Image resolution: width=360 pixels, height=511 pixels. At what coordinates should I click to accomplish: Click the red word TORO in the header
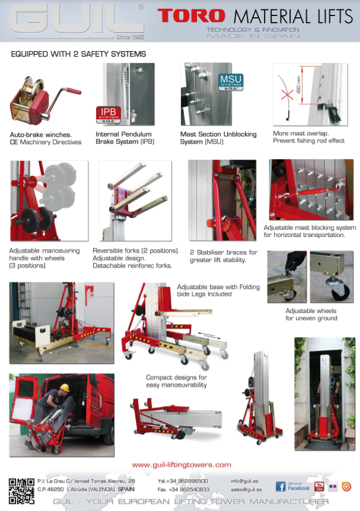click(191, 16)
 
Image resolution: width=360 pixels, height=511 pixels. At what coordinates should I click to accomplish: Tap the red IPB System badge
click(109, 115)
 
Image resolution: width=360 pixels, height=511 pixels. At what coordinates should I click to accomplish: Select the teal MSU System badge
click(231, 82)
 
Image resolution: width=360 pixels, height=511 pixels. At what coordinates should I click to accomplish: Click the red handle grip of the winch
click(74, 91)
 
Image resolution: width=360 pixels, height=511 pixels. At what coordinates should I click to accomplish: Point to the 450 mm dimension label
click(298, 85)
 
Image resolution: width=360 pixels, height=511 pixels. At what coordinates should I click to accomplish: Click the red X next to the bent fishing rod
click(286, 95)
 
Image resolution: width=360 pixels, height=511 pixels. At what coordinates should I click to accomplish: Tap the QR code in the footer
click(21, 491)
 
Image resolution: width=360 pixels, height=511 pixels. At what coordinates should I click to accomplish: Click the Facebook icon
click(281, 487)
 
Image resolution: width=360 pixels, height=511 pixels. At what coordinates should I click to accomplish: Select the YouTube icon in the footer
click(318, 487)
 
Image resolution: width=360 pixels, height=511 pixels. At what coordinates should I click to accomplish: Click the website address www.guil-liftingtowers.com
click(181, 465)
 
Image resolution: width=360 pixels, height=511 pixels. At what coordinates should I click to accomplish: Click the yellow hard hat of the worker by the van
click(65, 388)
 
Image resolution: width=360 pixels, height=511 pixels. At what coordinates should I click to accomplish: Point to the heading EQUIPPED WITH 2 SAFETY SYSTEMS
click(78, 54)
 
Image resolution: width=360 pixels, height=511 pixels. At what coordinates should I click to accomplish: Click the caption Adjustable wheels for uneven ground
click(311, 315)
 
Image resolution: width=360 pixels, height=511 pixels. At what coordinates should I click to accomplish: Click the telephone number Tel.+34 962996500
click(183, 481)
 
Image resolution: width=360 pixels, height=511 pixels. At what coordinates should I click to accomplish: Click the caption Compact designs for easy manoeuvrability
click(176, 381)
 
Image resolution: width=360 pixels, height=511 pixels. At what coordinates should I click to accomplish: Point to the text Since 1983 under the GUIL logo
click(130, 37)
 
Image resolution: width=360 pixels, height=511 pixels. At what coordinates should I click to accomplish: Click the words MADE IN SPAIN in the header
click(253, 36)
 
